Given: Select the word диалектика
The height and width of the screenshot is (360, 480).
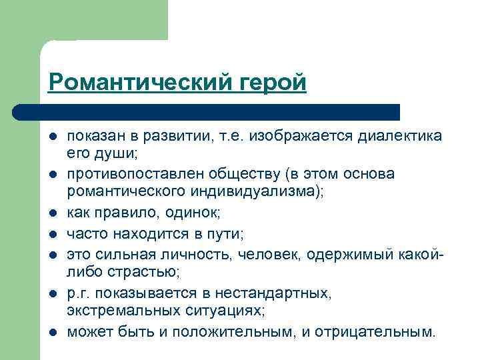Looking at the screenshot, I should pos(400,136).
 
